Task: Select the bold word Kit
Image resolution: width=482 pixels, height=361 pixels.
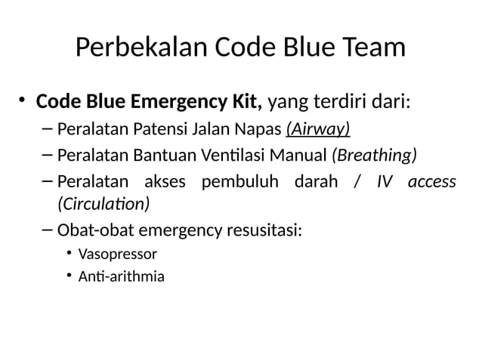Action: tap(246, 101)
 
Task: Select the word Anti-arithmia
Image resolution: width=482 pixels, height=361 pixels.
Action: tap(121, 276)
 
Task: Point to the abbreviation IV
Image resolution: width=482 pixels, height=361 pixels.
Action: tap(385, 182)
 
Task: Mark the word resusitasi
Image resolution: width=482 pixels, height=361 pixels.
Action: tap(265, 230)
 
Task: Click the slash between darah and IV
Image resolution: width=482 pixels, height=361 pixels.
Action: tap(355, 182)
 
